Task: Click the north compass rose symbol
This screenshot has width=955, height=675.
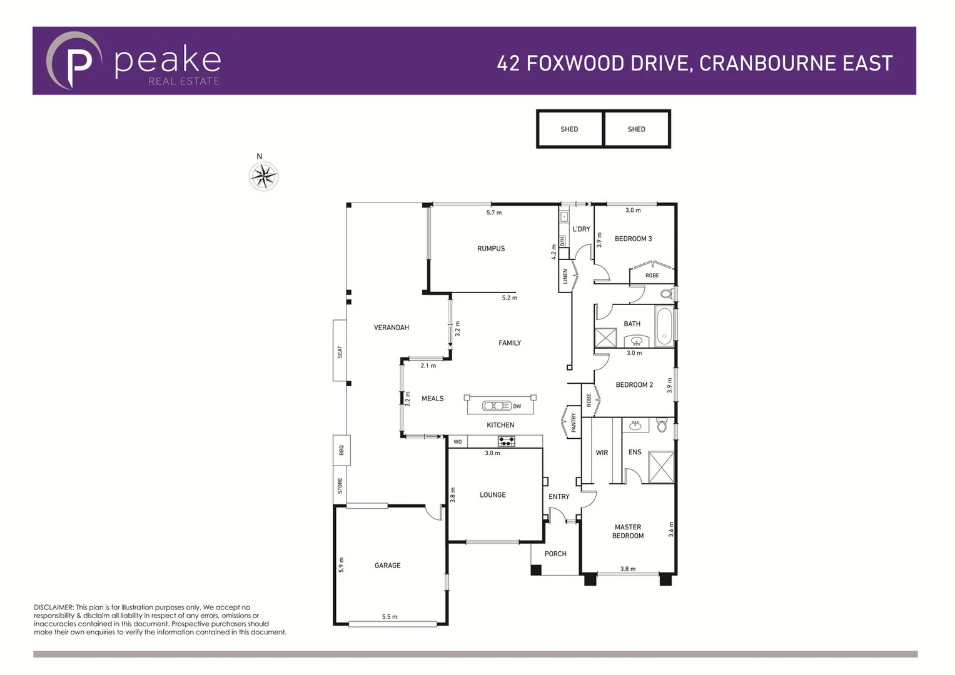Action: (x=263, y=176)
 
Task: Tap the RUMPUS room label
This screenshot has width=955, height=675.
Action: (x=491, y=249)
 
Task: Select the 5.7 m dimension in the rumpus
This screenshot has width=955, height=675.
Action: (x=494, y=213)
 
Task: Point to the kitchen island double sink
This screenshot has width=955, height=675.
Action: (x=497, y=406)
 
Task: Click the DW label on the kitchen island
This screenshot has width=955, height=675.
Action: (x=517, y=407)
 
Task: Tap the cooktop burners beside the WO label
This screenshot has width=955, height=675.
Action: (x=506, y=442)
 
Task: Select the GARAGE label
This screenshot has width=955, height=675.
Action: (x=388, y=566)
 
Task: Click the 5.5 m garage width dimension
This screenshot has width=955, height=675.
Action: (x=390, y=617)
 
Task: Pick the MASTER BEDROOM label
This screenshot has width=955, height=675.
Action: (x=628, y=532)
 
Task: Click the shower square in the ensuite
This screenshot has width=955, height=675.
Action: (x=661, y=467)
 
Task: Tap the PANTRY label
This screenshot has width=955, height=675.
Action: (x=574, y=423)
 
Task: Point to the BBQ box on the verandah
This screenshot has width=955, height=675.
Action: (x=341, y=450)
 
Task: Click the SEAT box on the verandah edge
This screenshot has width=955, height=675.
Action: (x=340, y=351)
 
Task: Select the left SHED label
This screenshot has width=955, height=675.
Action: (x=569, y=129)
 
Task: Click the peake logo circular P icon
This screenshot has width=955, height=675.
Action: (x=73, y=61)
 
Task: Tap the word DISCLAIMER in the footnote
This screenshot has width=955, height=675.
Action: (x=53, y=607)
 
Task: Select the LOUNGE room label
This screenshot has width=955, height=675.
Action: (x=493, y=495)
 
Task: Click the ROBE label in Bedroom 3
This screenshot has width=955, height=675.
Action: (x=652, y=276)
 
